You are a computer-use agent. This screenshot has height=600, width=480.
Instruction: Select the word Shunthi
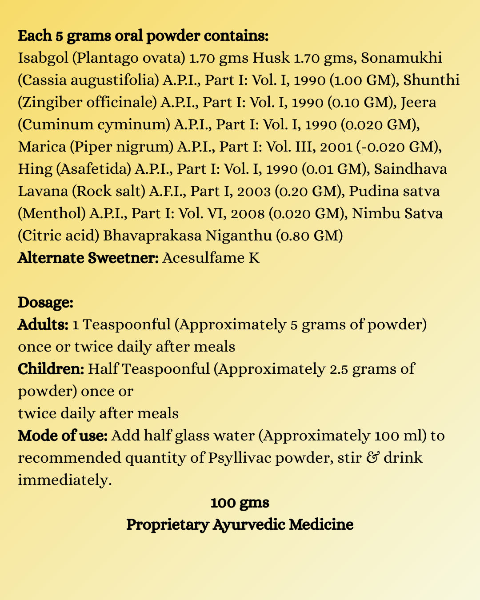432,80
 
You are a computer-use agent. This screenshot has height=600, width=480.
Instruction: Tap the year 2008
248,213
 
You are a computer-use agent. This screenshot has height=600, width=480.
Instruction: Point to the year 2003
254,191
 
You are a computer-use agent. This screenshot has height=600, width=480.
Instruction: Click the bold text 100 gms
240,503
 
